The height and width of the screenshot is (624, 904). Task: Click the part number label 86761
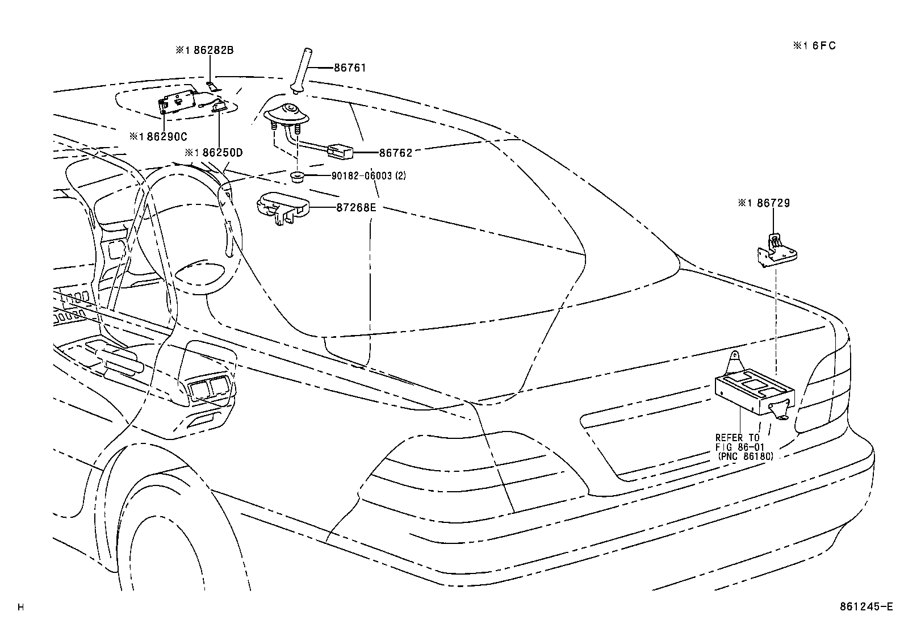pyautogui.click(x=350, y=68)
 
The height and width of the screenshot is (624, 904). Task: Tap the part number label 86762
pyautogui.click(x=395, y=153)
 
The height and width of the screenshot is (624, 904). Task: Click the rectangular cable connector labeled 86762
pyautogui.click(x=340, y=151)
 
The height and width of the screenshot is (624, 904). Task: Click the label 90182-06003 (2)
pyautogui.click(x=369, y=176)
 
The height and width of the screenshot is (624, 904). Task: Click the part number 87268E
pyautogui.click(x=356, y=207)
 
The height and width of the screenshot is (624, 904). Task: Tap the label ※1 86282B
pyautogui.click(x=204, y=50)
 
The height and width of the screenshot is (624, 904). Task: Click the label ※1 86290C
pyautogui.click(x=158, y=136)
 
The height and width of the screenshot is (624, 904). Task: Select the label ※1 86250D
pyautogui.click(x=214, y=152)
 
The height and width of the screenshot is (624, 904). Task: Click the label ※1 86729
pyautogui.click(x=764, y=203)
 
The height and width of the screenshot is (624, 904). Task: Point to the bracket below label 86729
pyautogui.click(x=775, y=250)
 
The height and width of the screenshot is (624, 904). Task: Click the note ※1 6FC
pyautogui.click(x=815, y=46)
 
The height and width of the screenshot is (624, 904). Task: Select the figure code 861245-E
pyautogui.click(x=867, y=607)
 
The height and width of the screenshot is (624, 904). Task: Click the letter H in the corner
pyautogui.click(x=21, y=608)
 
